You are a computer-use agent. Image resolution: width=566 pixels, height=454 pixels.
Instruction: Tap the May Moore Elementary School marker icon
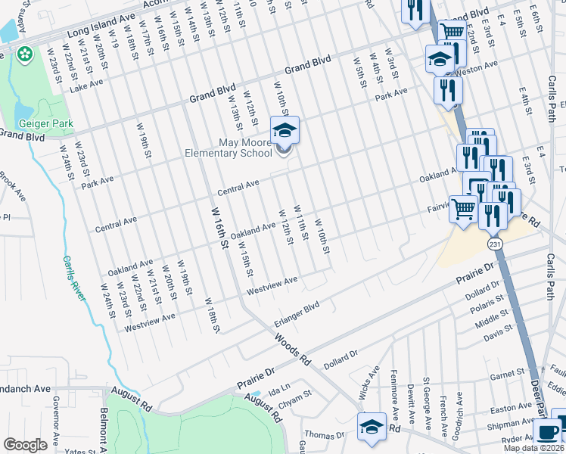point(285,132)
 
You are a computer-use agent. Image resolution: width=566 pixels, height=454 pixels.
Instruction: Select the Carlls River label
point(74,278)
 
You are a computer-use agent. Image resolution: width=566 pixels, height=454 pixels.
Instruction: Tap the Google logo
point(24,445)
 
